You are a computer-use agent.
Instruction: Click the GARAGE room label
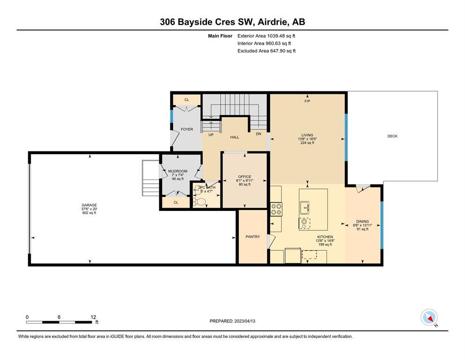[x=89, y=205]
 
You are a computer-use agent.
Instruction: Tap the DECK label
[x=392, y=136]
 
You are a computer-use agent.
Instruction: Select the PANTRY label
[x=253, y=237]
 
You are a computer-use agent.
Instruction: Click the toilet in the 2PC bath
[x=199, y=202]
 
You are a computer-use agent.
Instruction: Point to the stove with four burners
[x=276, y=209]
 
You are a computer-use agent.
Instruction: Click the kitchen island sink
[x=304, y=208]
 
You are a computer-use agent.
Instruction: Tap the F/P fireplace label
[x=307, y=101]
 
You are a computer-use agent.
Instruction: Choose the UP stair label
[x=211, y=135]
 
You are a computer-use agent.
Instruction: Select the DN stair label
[x=258, y=134]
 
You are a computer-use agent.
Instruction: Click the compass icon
[x=429, y=317]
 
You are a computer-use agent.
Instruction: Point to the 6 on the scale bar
[x=59, y=317]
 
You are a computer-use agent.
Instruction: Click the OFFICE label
[x=244, y=177]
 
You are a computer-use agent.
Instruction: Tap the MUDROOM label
[x=177, y=171]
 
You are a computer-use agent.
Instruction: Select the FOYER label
[x=187, y=129]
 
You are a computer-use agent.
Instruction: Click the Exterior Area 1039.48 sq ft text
[x=266, y=36]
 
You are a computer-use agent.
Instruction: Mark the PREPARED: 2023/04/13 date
[x=232, y=321]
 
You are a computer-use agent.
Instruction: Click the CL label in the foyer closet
[x=186, y=100]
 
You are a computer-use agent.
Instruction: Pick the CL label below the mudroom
[x=176, y=202]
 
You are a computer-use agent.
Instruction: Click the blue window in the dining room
[x=382, y=225]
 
